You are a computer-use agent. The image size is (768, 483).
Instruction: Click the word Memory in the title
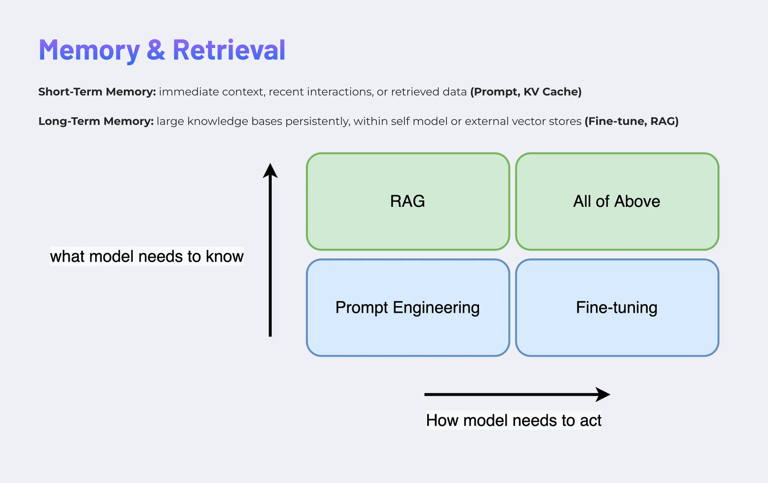pos(89,51)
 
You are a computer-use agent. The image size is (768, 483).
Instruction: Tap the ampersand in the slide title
pos(156,50)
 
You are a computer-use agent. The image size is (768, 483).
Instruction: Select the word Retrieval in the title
pos(229,50)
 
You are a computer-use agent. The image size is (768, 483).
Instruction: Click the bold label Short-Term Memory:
pos(97,92)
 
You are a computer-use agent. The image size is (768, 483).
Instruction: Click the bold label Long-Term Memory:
pos(96,121)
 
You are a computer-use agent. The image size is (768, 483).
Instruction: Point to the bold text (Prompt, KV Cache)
pos(525,92)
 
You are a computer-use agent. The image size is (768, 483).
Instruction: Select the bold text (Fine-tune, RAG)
pos(631,121)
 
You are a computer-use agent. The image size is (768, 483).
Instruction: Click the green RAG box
pos(408,201)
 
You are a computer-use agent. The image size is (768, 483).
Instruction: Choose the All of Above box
pos(617,201)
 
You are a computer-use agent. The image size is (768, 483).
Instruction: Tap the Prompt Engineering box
pos(408,307)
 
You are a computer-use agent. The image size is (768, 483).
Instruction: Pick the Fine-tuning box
pos(617,307)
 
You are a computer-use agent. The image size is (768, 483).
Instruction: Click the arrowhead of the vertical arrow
pos(270,170)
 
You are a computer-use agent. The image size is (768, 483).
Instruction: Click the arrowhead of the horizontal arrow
pos(603,394)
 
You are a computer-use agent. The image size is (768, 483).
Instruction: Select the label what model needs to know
pos(147,256)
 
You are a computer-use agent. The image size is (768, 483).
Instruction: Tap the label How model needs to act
pos(514,420)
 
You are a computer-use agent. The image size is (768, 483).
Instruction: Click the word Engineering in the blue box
pos(436,308)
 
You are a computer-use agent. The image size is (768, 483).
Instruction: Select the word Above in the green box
pos(637,201)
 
